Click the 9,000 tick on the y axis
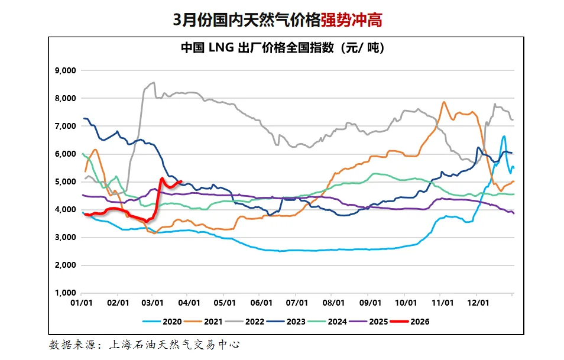(65, 70)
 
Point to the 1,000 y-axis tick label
(65, 293)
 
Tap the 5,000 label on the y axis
(65, 181)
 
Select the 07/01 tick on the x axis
(297, 303)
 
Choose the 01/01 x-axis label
(81, 303)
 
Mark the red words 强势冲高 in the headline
(351, 20)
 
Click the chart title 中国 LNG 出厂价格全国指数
(283, 48)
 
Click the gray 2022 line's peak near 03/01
(154, 83)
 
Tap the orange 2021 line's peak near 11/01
(444, 102)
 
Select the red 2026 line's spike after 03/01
(161, 178)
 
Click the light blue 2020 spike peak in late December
(504, 137)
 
